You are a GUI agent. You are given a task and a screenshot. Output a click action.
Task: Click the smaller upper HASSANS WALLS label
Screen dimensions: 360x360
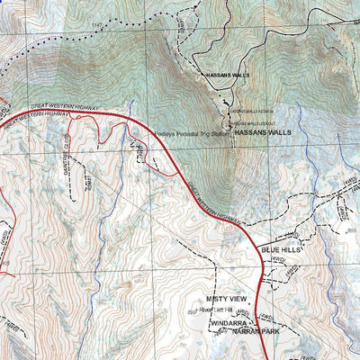(x=228, y=76)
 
